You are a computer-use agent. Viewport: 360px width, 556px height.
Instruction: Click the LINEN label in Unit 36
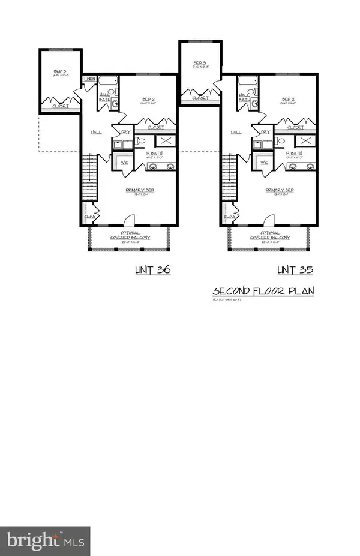point(90,79)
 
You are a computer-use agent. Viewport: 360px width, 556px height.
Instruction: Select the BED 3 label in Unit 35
point(200,64)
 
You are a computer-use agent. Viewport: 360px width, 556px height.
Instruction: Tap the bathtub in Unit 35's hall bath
point(248,82)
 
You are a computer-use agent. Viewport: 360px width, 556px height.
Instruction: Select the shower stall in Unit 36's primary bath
point(164,140)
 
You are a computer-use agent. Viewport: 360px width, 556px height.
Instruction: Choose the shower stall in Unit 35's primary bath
point(305,140)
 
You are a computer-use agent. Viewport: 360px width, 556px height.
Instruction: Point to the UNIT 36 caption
point(152,271)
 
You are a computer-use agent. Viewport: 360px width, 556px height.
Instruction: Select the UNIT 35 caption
point(296,271)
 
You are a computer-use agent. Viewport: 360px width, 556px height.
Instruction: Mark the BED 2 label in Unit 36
point(149,100)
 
